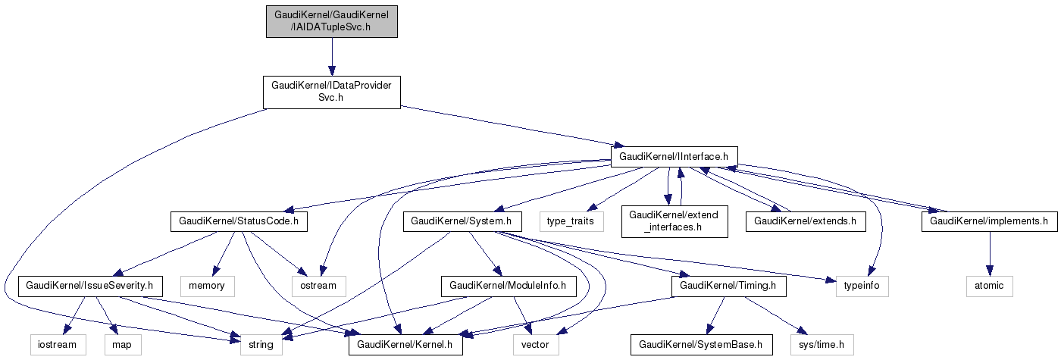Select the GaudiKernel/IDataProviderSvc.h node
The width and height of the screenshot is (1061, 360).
(x=331, y=92)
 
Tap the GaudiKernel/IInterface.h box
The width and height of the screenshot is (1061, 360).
(x=674, y=156)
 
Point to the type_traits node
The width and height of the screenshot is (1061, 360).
(x=571, y=221)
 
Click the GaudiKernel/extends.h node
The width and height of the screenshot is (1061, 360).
(x=805, y=221)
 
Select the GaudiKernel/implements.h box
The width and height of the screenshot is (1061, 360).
(x=988, y=221)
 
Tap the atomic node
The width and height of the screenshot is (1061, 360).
(x=988, y=286)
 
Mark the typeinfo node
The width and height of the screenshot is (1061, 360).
(x=862, y=286)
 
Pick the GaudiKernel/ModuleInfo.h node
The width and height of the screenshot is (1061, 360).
(x=508, y=286)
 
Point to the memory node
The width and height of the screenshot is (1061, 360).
(x=207, y=286)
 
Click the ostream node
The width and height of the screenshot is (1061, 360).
(x=319, y=286)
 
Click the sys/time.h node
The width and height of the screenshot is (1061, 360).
(x=822, y=346)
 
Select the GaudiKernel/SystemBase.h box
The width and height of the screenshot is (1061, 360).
(x=701, y=346)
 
